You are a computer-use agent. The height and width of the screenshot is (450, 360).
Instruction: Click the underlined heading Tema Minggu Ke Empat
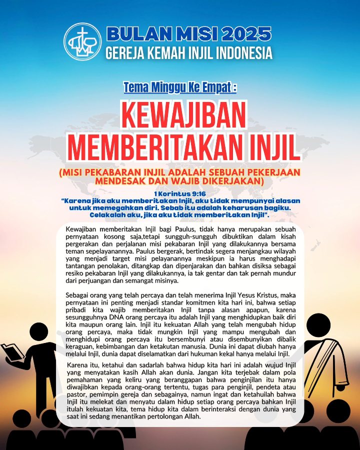[180, 88]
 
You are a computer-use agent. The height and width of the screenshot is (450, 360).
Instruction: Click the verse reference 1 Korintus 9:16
[180, 193]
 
